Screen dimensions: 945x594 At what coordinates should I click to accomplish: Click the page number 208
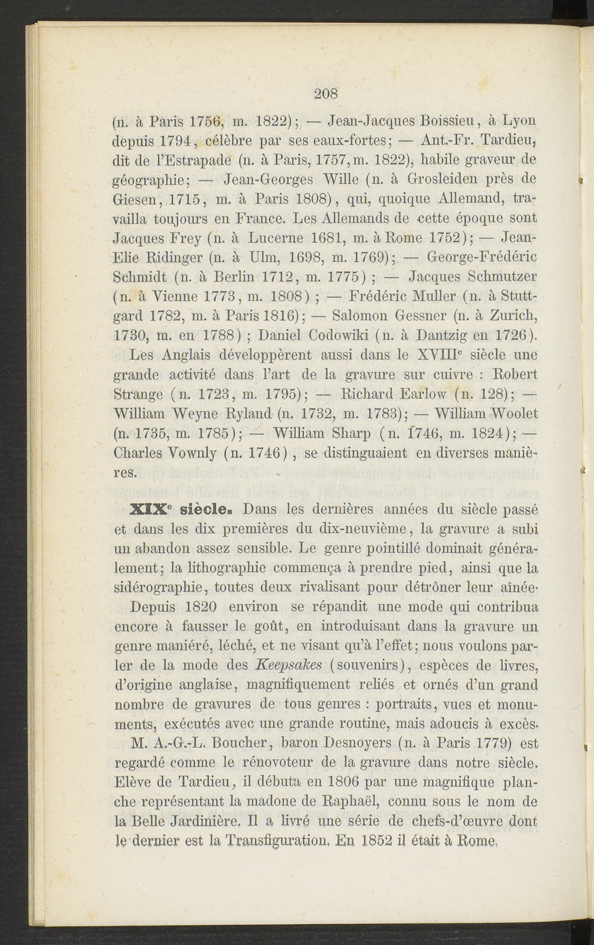point(326,94)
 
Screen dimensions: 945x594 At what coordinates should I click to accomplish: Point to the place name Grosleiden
point(455,179)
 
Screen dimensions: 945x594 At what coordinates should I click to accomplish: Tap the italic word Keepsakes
point(288,665)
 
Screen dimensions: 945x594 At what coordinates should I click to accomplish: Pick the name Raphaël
point(351,802)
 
